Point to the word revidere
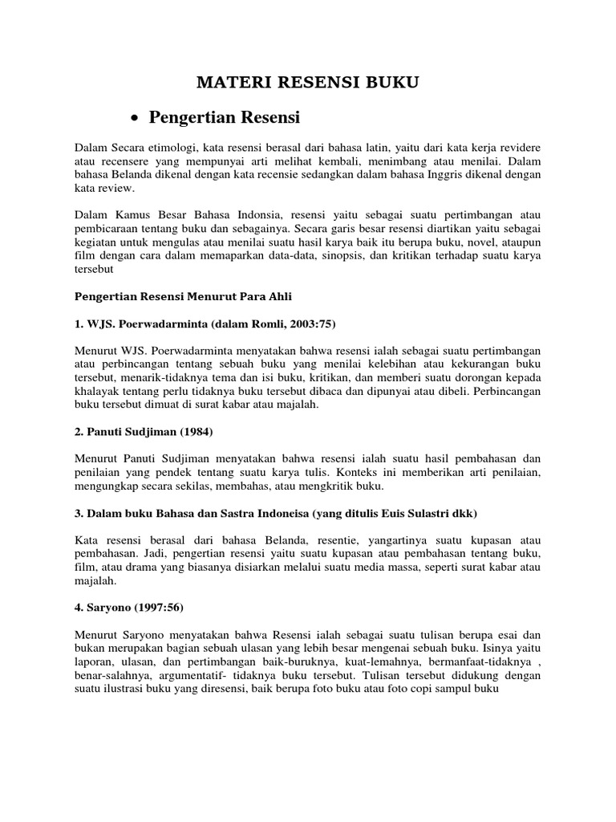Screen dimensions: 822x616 [517, 149]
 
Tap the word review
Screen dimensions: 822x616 [119, 189]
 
